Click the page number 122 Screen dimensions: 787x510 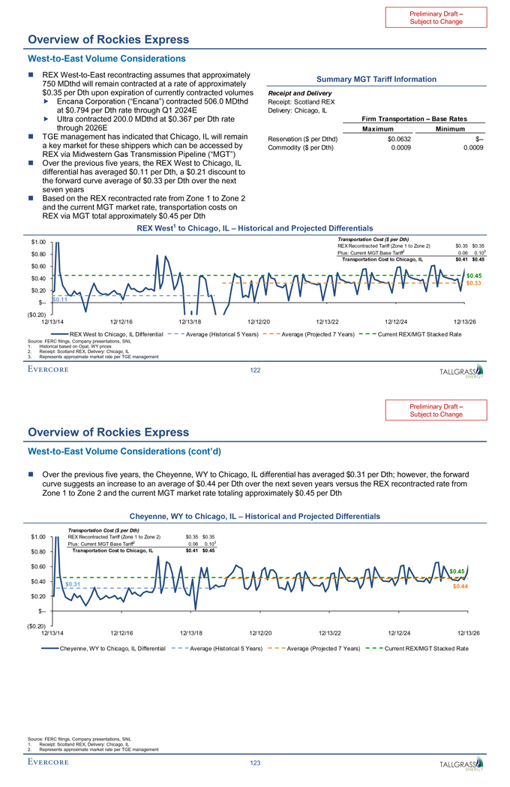[255, 369]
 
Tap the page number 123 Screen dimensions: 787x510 [255, 763]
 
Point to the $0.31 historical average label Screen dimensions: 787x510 [73, 583]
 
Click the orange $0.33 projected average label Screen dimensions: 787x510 [473, 283]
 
